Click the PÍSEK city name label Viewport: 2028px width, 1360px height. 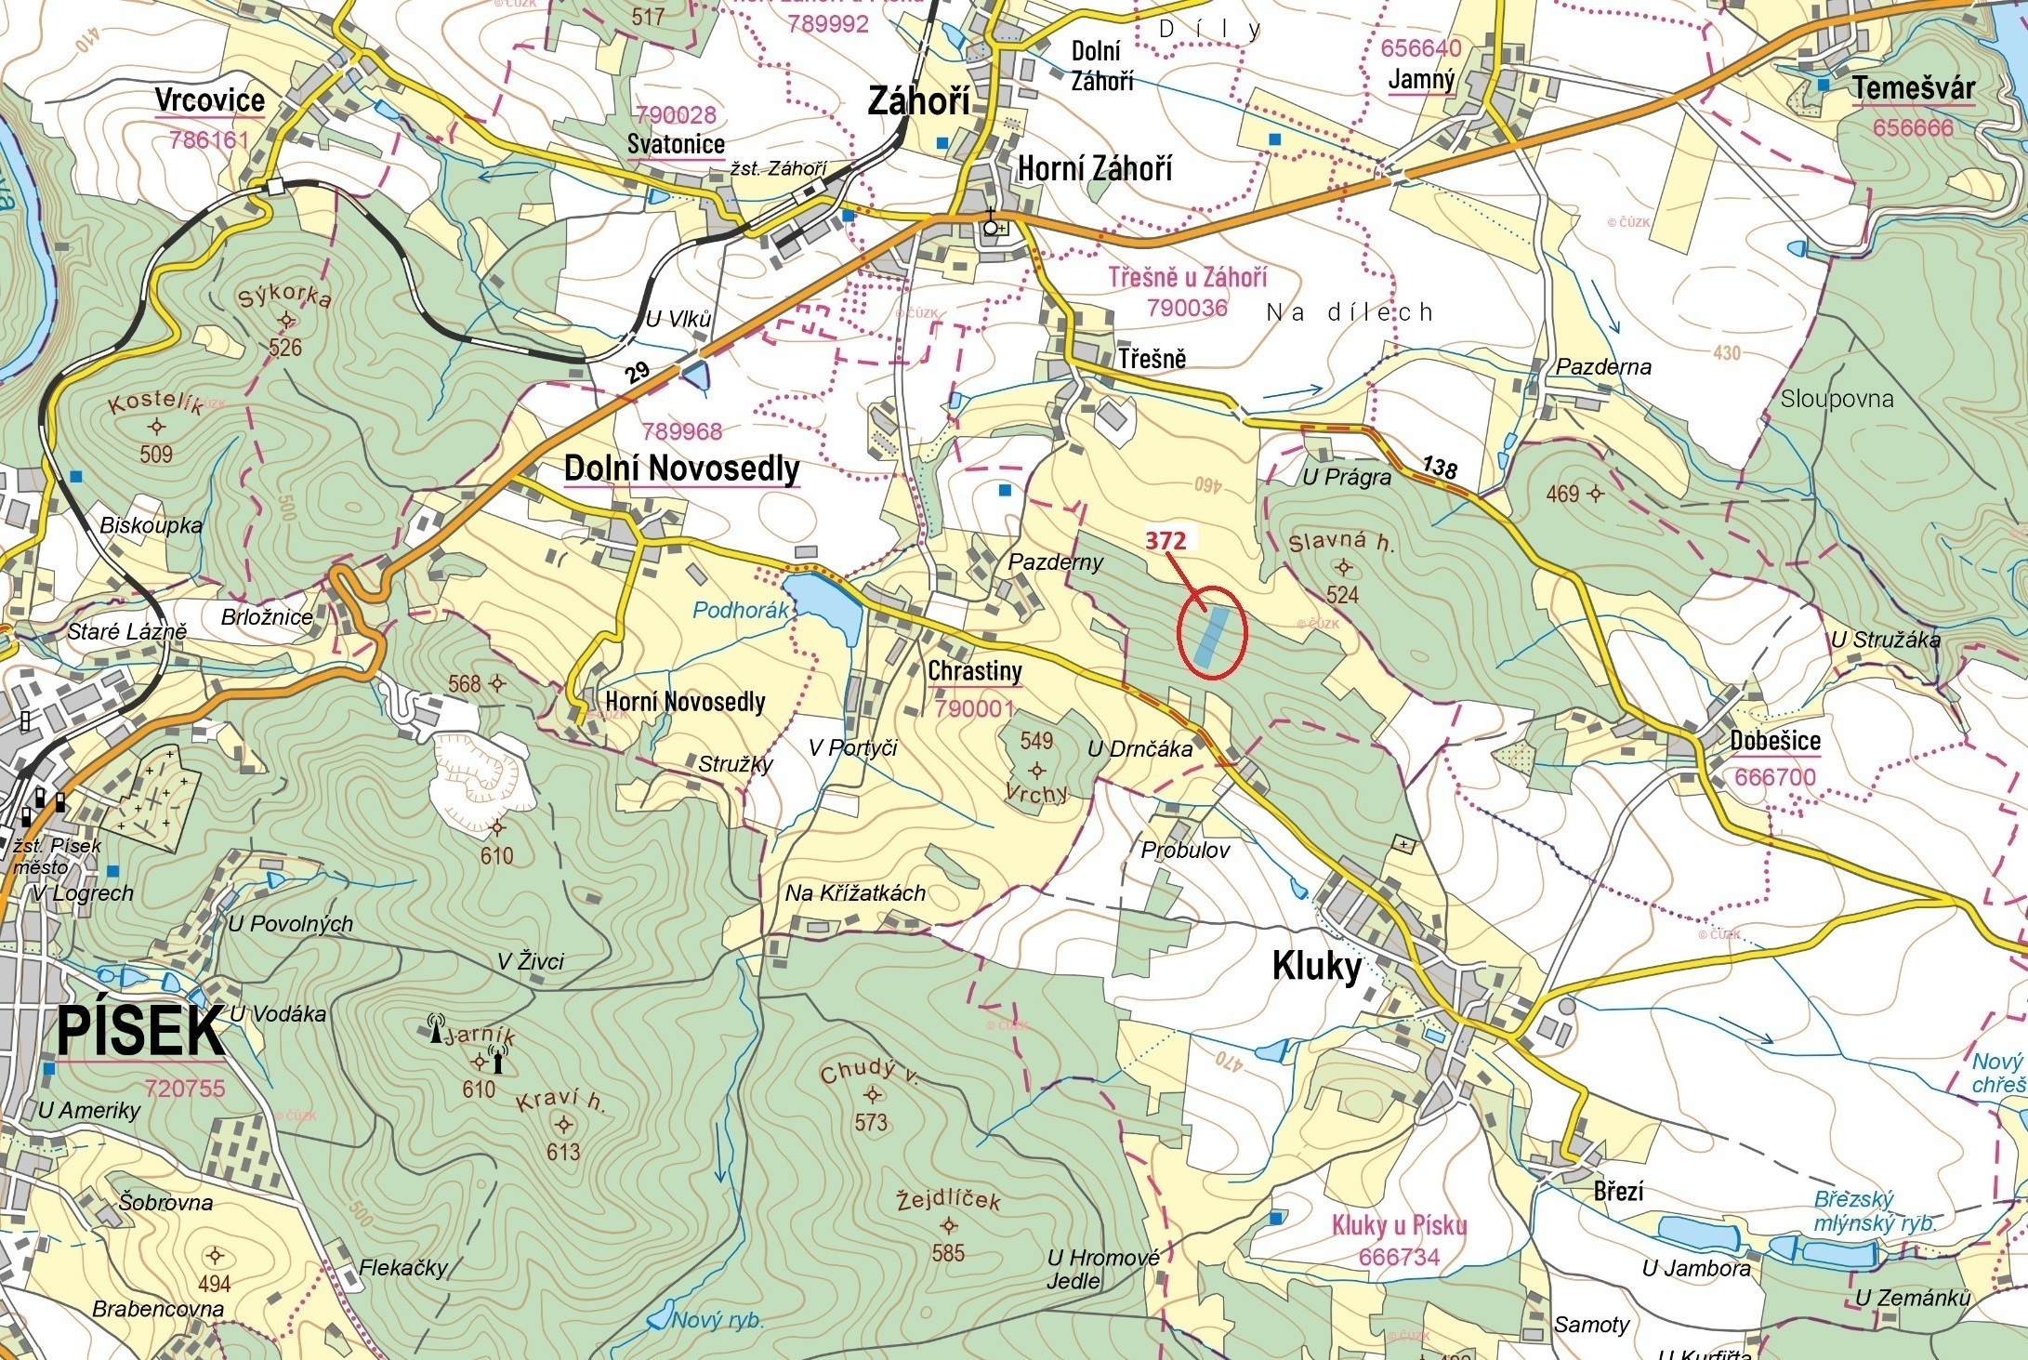[x=140, y=1031]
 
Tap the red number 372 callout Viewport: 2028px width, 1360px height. [x=1165, y=540]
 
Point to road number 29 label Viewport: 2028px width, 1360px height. [x=638, y=373]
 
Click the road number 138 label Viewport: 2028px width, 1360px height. [x=1439, y=466]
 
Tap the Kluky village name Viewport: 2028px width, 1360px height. [x=1316, y=967]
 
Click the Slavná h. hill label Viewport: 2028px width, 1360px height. [x=1341, y=542]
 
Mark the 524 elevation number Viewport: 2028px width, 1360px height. [x=1342, y=595]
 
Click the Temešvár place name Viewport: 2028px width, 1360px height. [x=1914, y=88]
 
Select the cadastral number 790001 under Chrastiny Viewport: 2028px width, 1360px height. [x=974, y=708]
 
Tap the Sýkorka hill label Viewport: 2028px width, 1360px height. [x=284, y=297]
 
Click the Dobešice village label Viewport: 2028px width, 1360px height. [x=1774, y=741]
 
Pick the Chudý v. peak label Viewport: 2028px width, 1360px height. [x=869, y=1074]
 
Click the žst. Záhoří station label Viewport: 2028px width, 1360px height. [x=778, y=168]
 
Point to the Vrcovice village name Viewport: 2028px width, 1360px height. [x=210, y=99]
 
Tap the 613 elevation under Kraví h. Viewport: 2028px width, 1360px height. [x=563, y=1152]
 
